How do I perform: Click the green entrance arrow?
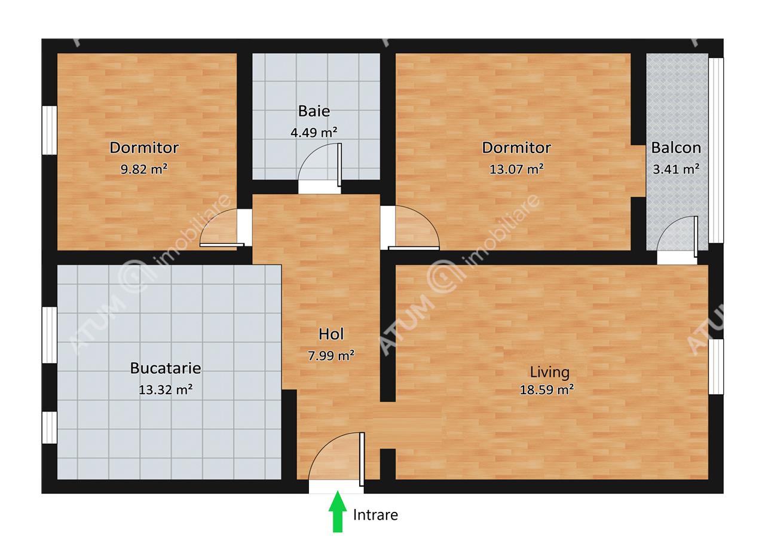[x=338, y=511]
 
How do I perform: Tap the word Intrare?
[x=375, y=515]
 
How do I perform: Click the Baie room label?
[x=314, y=111]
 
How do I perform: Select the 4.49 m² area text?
[x=314, y=132]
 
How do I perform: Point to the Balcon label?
[x=676, y=148]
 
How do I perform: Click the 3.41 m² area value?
[x=676, y=169]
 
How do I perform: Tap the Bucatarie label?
[x=166, y=368]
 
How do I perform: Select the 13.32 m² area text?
[x=166, y=389]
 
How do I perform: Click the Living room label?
[x=549, y=373]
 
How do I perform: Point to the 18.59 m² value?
[x=546, y=389]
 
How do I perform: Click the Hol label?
[x=331, y=334]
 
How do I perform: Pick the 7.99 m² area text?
[x=331, y=356]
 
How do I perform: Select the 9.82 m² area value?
[x=144, y=169]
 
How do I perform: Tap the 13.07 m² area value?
[x=516, y=169]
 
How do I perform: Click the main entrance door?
[x=336, y=459]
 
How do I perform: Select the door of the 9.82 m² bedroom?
[x=222, y=228]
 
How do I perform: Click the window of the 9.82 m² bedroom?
[x=49, y=130]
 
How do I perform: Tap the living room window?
[x=716, y=367]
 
